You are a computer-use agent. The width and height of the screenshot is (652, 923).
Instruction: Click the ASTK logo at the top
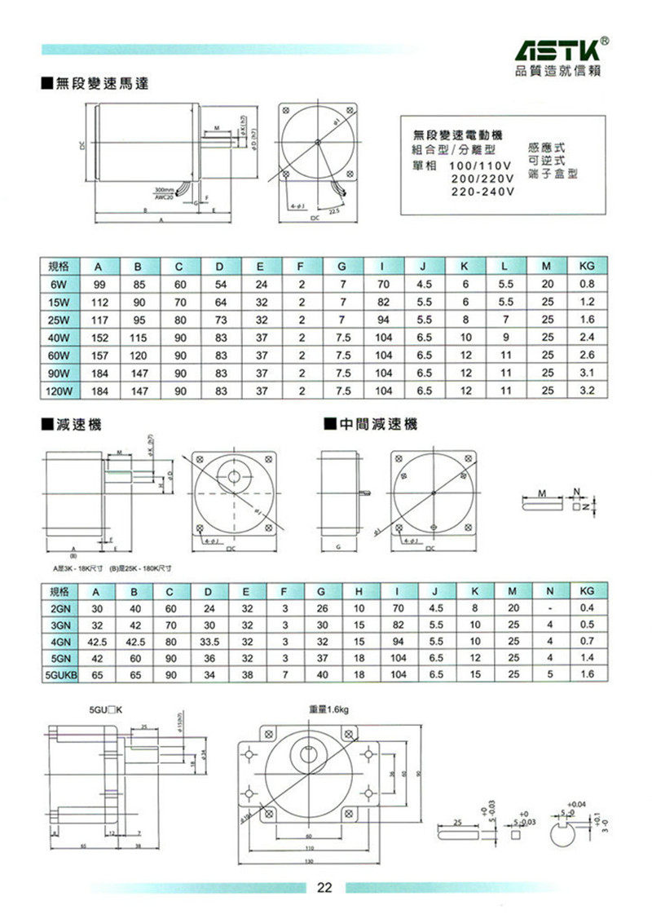(x=561, y=51)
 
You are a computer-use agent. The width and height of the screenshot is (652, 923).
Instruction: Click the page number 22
(x=325, y=888)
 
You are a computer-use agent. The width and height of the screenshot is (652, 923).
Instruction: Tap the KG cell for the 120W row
(x=586, y=391)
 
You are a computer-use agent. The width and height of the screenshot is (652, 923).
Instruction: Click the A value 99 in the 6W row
(x=99, y=285)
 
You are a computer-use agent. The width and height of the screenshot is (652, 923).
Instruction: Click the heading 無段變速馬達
(x=95, y=83)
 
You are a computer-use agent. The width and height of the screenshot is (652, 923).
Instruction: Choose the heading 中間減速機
(x=376, y=424)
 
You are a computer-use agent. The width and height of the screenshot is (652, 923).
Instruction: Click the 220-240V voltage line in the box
(x=482, y=192)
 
